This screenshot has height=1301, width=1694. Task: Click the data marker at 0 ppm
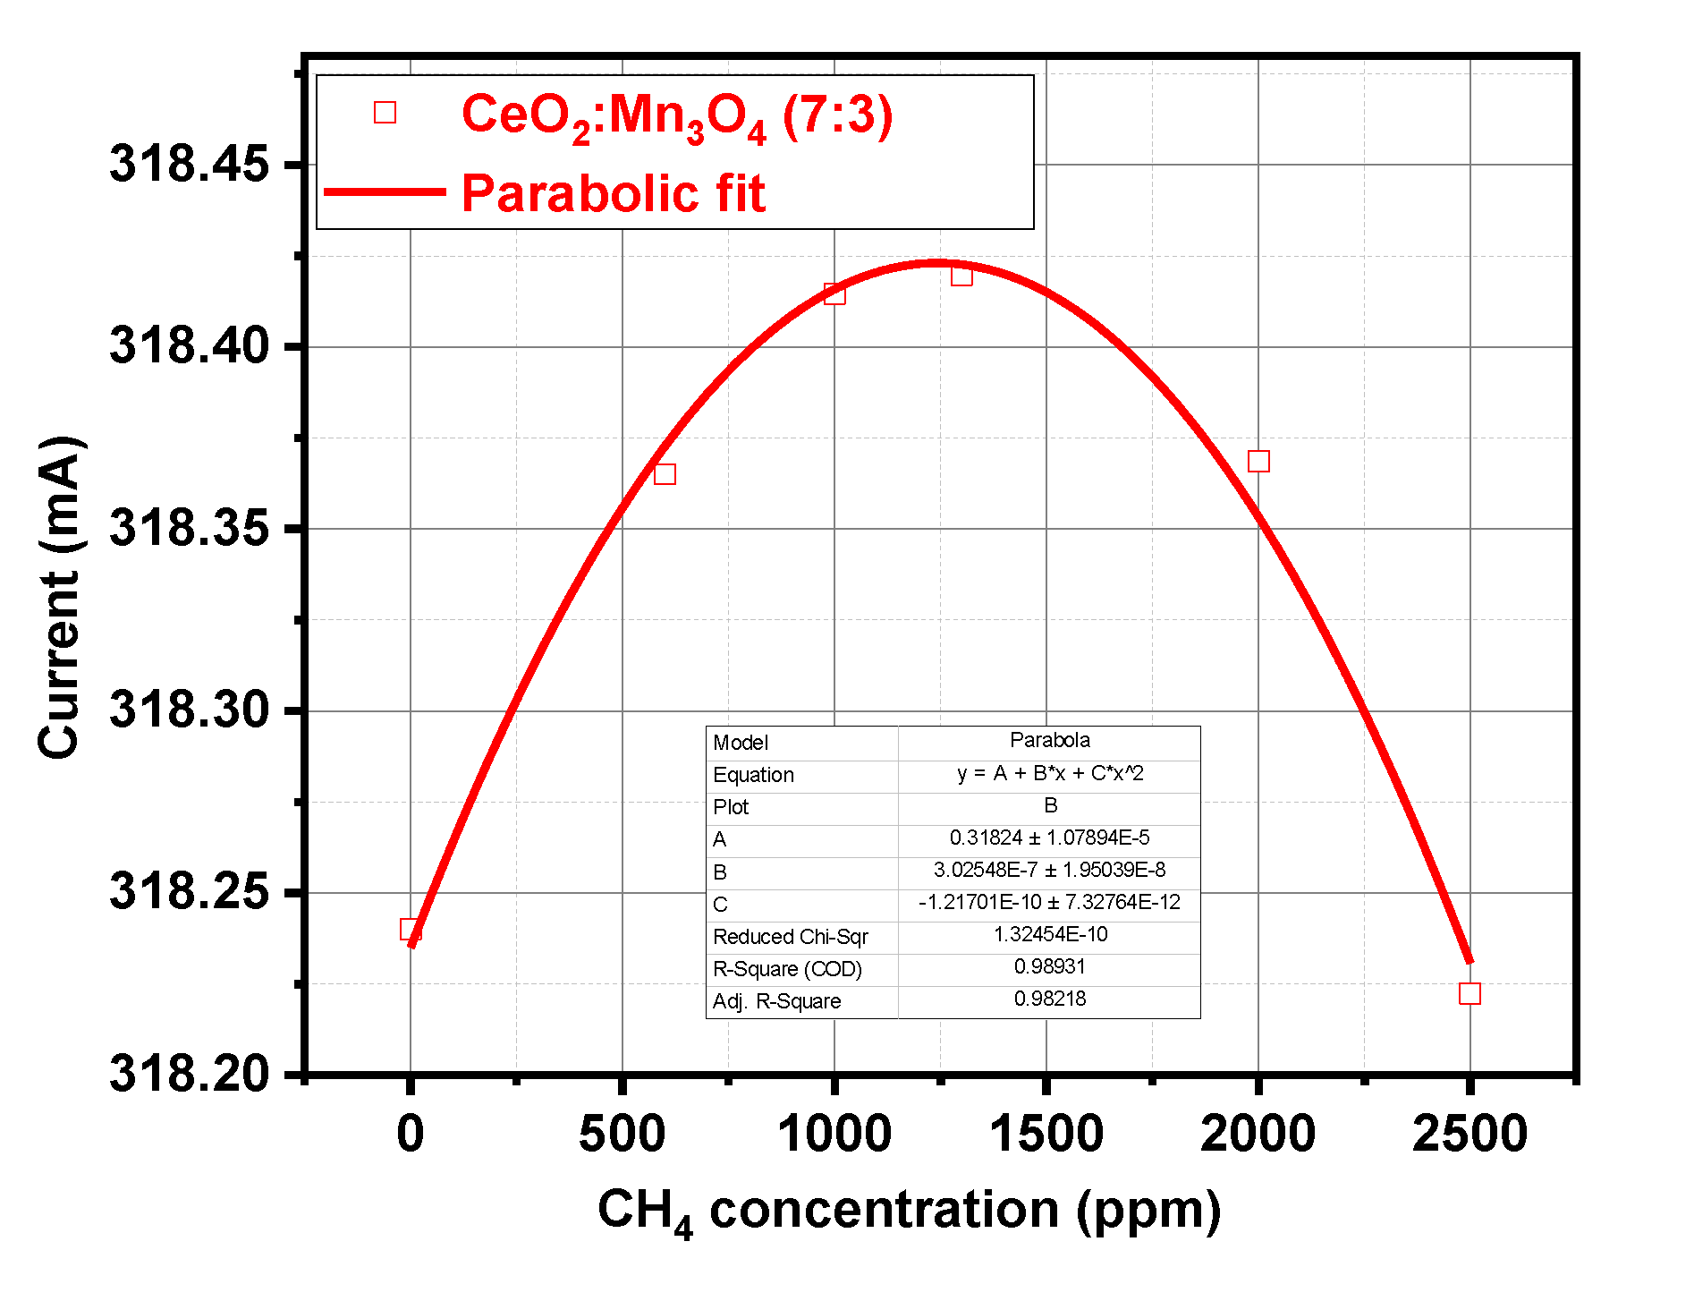(411, 930)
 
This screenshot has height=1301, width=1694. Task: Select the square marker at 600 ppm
(665, 474)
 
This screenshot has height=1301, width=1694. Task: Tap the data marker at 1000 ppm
(834, 294)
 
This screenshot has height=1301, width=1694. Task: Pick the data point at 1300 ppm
(961, 276)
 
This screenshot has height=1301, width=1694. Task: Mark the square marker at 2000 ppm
(1258, 462)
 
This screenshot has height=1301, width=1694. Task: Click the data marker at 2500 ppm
(1470, 994)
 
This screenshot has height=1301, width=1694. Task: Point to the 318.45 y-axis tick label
(189, 165)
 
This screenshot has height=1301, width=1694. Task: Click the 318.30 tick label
(189, 710)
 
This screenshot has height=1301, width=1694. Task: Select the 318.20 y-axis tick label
(189, 1074)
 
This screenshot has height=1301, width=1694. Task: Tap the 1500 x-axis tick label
(1046, 1134)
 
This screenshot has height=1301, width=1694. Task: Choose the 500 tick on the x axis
(622, 1134)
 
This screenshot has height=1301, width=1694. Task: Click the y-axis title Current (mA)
(61, 598)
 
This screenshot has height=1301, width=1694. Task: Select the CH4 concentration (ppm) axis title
(909, 1212)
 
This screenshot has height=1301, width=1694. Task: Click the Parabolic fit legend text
(614, 193)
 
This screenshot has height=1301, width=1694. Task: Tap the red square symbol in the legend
(385, 113)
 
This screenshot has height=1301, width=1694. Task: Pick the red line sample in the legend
(385, 191)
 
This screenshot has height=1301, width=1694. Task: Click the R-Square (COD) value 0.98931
(1049, 967)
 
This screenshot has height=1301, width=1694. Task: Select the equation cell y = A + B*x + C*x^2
(1049, 774)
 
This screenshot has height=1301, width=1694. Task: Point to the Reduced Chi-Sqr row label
(790, 937)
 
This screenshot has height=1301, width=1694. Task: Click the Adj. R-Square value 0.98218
(1049, 999)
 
